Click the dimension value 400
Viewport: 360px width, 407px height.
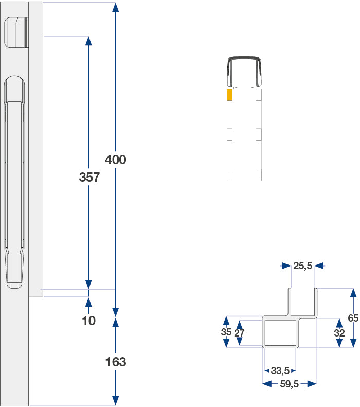point(115,160)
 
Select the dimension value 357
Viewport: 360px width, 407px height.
point(89,178)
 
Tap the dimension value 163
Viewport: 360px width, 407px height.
point(116,362)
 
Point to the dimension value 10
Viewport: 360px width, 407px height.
point(88,321)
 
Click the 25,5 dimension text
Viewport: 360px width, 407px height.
point(303,266)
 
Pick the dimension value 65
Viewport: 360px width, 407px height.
point(353,318)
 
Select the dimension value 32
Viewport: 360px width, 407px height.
point(339,333)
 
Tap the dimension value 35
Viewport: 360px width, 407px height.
point(226,332)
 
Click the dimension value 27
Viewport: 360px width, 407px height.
point(239,333)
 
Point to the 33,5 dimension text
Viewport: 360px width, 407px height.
point(280,370)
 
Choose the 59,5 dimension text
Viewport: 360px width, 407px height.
point(290,384)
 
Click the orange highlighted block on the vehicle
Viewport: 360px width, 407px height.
point(229,95)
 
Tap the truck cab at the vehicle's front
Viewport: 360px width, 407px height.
point(244,72)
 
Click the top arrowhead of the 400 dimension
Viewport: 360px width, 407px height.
point(115,7)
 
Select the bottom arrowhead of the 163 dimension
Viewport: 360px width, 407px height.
point(115,401)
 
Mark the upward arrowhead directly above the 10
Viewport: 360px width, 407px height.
point(88,302)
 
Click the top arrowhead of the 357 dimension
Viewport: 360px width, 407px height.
point(88,41)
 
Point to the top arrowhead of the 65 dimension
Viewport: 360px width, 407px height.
point(353,293)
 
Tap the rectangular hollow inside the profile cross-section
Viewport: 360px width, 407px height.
point(280,333)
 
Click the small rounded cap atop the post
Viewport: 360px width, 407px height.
point(16,32)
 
